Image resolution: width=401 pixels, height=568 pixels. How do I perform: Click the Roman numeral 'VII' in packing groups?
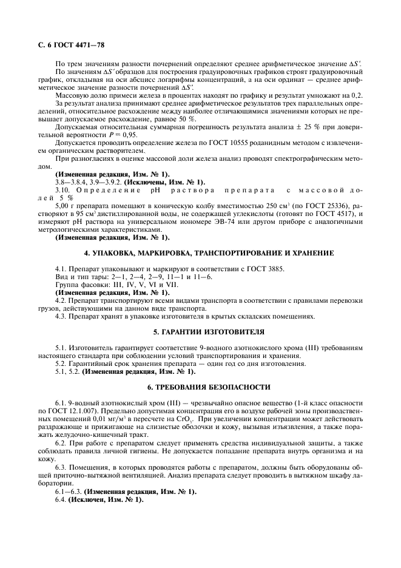pos(159,285)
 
